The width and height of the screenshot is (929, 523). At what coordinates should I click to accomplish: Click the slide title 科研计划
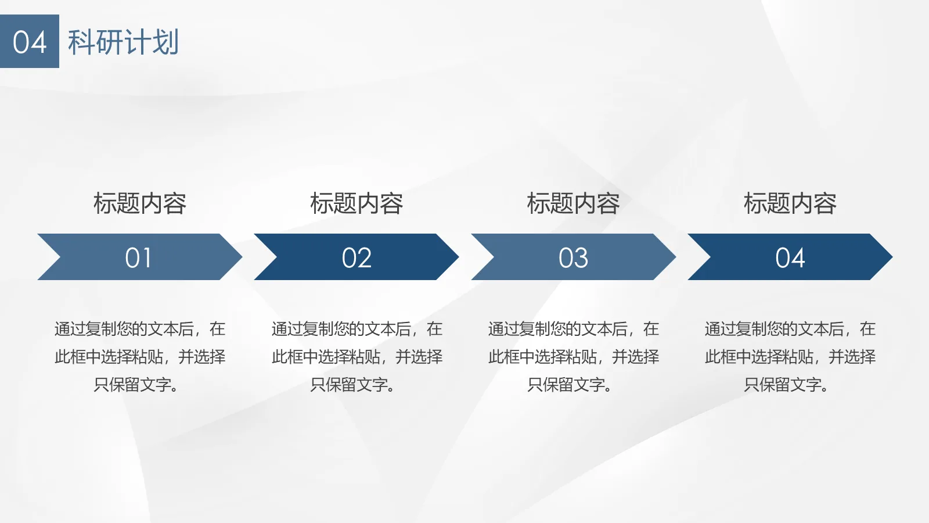click(123, 42)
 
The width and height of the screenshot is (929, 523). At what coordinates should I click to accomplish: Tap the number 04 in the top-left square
click(30, 42)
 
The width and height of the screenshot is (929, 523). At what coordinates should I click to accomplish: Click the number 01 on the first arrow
click(139, 258)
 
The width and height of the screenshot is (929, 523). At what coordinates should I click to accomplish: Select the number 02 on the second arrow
click(357, 258)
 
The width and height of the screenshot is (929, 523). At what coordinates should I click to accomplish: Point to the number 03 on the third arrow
click(573, 258)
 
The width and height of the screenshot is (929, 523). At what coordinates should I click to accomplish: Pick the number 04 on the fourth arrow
click(790, 258)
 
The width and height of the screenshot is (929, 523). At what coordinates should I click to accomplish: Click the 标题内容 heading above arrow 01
click(140, 203)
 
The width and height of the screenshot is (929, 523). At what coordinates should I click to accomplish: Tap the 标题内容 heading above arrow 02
click(357, 203)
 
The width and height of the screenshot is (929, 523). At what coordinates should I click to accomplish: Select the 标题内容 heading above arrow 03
click(573, 203)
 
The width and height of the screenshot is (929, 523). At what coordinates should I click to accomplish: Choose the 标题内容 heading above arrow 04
click(790, 203)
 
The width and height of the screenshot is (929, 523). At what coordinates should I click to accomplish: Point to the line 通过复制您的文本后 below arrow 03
click(558, 329)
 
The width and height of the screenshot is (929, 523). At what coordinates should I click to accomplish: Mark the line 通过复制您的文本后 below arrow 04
click(775, 329)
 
